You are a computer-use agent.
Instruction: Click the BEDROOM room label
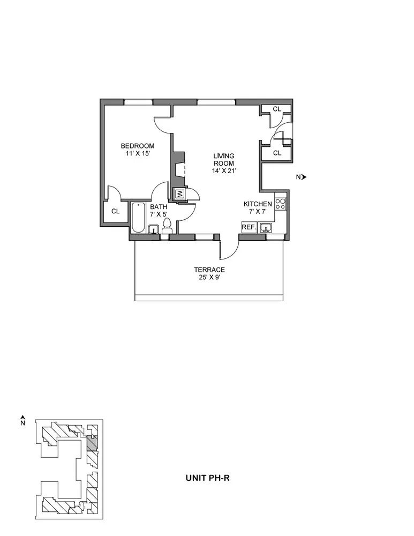[x=138, y=146]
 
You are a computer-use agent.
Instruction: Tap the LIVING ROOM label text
[x=224, y=159]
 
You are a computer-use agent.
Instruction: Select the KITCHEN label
[x=258, y=204]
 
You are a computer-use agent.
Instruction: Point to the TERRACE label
[x=209, y=270]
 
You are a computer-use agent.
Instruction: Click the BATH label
[x=158, y=207]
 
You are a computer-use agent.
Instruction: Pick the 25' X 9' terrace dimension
[x=209, y=278]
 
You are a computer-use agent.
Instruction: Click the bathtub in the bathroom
[x=138, y=217]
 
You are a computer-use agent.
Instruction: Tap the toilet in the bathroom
[x=167, y=226]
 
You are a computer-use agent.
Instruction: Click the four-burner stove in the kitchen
[x=281, y=204]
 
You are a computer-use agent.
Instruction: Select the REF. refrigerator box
[x=249, y=228]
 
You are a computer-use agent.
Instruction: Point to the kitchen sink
[x=266, y=228]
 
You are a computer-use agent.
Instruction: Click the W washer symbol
[x=180, y=193]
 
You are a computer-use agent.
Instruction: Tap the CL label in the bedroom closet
[x=115, y=211]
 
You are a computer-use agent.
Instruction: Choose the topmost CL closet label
[x=277, y=109]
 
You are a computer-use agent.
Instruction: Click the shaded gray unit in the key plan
[x=92, y=443]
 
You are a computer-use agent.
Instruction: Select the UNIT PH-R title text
[x=208, y=476]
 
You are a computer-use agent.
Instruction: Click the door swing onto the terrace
[x=229, y=247]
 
